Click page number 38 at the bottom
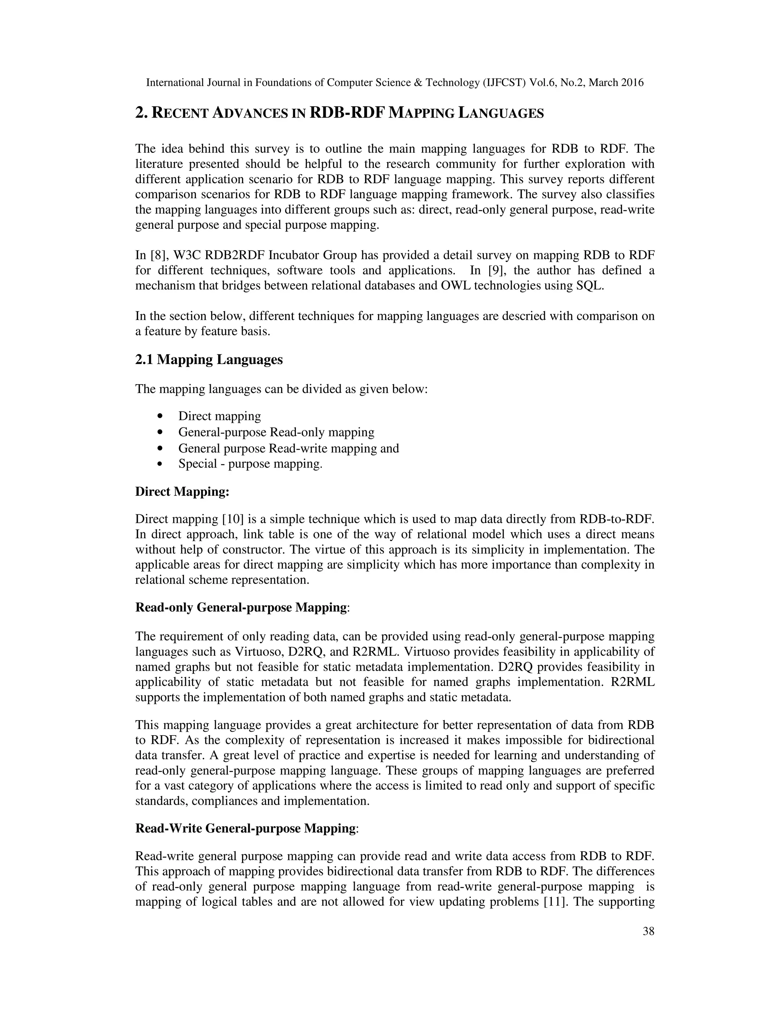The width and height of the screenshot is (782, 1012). coord(648,931)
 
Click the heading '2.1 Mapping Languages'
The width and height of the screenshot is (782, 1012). coord(208,360)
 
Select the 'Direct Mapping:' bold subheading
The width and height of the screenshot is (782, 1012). coord(182,491)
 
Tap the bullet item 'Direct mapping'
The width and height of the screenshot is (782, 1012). coord(220,416)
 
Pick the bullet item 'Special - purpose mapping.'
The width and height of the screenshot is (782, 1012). coord(250,464)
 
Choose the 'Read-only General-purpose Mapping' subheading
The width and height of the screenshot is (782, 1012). coord(241,608)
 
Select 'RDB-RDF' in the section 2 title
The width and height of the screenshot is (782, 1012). coord(347,113)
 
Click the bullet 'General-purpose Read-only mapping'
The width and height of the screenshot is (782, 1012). coord(276,432)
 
